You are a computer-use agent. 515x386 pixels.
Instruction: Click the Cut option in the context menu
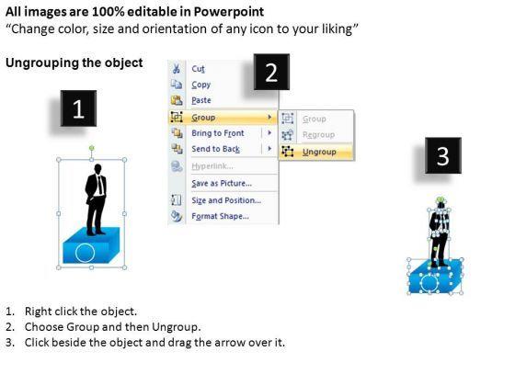pos(198,69)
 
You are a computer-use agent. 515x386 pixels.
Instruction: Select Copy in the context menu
pos(201,85)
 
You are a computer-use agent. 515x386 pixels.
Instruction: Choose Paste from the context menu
pos(201,100)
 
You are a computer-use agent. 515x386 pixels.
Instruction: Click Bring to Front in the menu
pos(218,133)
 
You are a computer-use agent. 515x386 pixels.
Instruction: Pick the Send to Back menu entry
pos(216,149)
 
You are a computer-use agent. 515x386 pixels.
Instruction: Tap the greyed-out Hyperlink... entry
pos(212,166)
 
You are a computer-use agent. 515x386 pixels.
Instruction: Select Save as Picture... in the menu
pos(222,183)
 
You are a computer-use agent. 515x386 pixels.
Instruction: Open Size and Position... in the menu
pos(226,200)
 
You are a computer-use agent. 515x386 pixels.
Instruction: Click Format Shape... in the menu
pos(221,216)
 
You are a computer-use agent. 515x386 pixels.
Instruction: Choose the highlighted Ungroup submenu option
pos(319,152)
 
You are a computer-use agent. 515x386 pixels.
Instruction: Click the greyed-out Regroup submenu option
pos(318,135)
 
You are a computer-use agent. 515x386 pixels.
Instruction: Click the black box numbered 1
pos(78,108)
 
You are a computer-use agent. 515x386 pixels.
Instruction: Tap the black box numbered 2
pos(271,72)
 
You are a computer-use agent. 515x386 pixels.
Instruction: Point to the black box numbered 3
pos(443,155)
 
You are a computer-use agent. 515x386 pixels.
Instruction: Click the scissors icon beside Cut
pos(177,69)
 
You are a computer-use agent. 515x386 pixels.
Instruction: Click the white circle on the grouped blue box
pos(85,253)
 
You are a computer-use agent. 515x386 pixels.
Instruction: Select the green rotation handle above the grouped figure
pos(92,148)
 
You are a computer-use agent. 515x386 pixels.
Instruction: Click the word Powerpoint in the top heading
pos(229,12)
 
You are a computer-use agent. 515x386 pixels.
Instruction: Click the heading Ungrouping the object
pos(74,62)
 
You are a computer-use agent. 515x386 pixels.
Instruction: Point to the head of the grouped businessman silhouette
pos(97,169)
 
